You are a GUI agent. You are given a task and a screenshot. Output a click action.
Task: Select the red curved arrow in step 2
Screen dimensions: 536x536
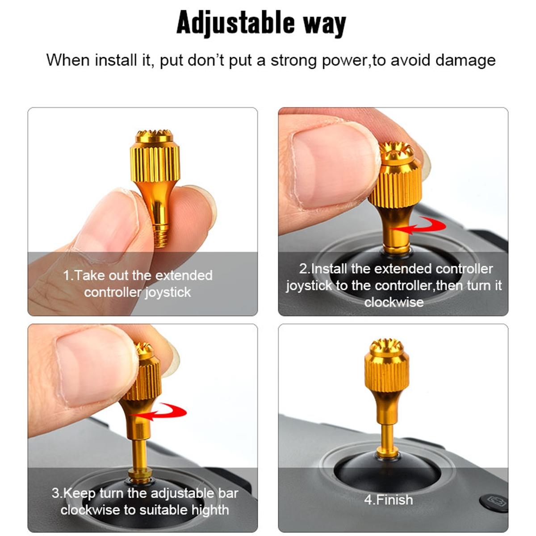coord(422,226)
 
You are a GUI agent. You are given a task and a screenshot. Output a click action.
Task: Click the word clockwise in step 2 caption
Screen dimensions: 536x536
coord(394,302)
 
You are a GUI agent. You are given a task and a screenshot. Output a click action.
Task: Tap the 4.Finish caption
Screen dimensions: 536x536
coord(388,499)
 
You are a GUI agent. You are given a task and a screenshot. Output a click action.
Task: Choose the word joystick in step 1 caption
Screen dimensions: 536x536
coord(168,293)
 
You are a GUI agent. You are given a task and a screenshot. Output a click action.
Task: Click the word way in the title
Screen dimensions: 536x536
coord(325,23)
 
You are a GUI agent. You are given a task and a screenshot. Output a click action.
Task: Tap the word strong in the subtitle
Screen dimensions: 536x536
coord(294,60)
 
